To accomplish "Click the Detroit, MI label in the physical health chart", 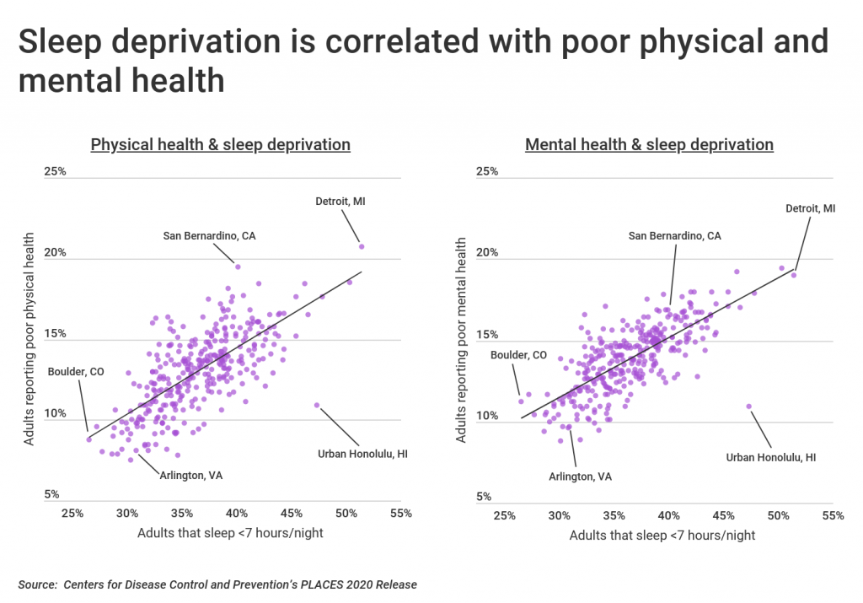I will tap(340, 202).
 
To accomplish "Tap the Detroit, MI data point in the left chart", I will tap(362, 246).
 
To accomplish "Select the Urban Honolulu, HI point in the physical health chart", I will tap(317, 405).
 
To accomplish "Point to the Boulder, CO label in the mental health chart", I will tap(518, 355).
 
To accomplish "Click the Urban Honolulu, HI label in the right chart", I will tap(771, 457).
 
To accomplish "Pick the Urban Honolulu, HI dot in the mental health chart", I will tap(748, 406).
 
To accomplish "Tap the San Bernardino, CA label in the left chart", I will tap(209, 236).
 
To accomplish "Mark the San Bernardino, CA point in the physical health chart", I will tap(238, 267).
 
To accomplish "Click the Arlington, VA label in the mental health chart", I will tap(581, 476).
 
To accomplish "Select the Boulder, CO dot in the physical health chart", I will tap(88, 439).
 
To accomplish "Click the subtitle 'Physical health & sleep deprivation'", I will tap(220, 144).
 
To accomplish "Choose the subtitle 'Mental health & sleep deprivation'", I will tap(649, 144).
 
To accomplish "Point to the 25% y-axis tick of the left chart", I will tap(56, 172).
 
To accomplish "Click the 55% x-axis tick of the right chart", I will tap(833, 515).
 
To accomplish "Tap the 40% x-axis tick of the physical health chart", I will tap(236, 513).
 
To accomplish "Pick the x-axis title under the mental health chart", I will tap(662, 536).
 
